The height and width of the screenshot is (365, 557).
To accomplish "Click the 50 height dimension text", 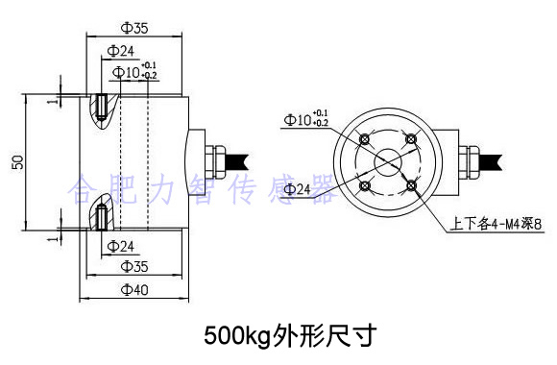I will pyautogui.click(x=16, y=162).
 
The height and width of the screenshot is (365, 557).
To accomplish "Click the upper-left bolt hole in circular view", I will pyautogui.click(x=365, y=140).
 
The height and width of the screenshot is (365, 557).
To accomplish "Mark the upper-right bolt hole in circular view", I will pyautogui.click(x=411, y=140).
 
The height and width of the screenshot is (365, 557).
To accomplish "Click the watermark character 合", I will pyautogui.click(x=84, y=191).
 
